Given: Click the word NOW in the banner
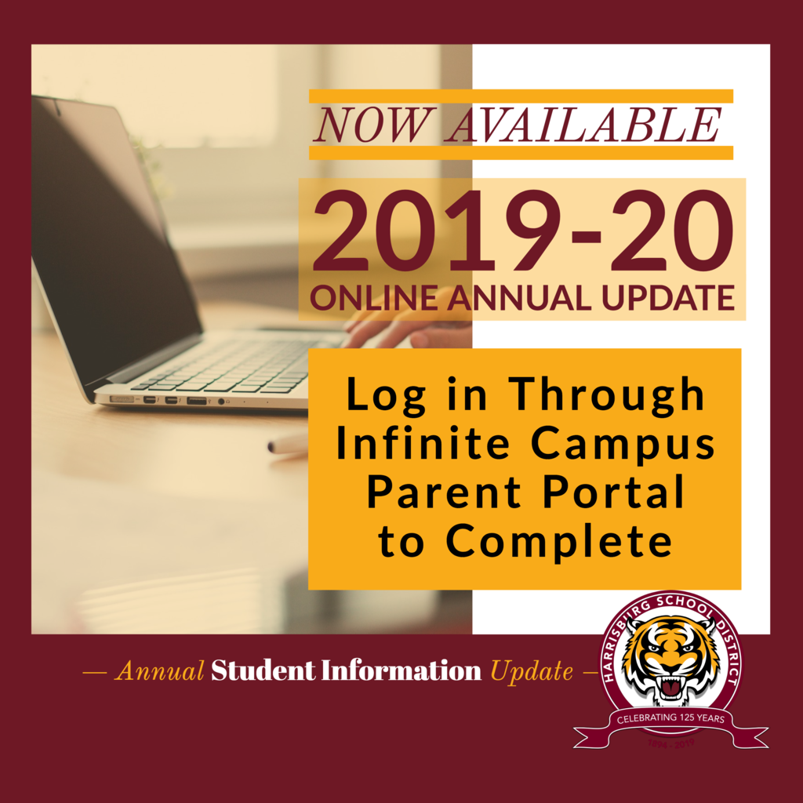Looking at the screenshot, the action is coord(373,125).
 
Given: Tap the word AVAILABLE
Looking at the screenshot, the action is coord(583,125).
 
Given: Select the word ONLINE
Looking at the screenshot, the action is coord(374,298).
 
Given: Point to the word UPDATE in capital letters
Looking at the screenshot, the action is coord(668,298).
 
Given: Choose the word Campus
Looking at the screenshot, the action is coord(623,445).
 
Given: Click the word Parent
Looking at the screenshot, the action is coord(444,492).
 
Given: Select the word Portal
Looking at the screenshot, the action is coord(613,492).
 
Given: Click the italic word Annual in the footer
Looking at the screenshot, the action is coord(159,671).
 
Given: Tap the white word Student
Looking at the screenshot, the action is coord(263,670).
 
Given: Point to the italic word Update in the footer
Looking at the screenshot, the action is coord(532,672).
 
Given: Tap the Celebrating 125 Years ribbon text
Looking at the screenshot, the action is coord(670,718).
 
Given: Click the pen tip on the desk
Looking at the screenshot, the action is coord(271,448).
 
